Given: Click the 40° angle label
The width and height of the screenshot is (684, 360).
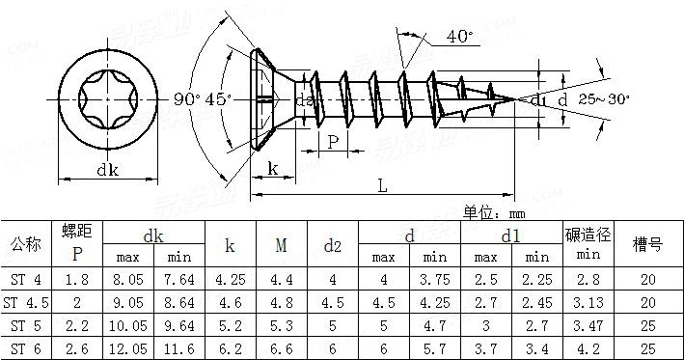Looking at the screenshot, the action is pos(459,37).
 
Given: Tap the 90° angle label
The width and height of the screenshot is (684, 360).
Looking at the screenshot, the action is pos(187,99).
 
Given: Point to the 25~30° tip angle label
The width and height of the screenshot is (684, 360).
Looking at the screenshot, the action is pos(604,99).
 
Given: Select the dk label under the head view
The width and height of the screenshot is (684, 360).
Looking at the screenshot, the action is pos(107,170).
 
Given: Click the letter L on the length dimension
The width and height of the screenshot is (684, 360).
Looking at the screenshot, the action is pos(382,186).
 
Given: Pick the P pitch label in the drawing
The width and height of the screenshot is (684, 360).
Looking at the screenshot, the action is pos(333,142).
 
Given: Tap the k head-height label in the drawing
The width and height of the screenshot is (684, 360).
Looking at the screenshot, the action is pos(273,169).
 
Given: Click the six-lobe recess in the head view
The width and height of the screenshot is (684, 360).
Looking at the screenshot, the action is pos(108,100).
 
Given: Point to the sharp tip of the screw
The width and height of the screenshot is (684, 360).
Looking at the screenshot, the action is pos(515,99).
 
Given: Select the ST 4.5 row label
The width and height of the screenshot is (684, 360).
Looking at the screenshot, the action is pos(26,302).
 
